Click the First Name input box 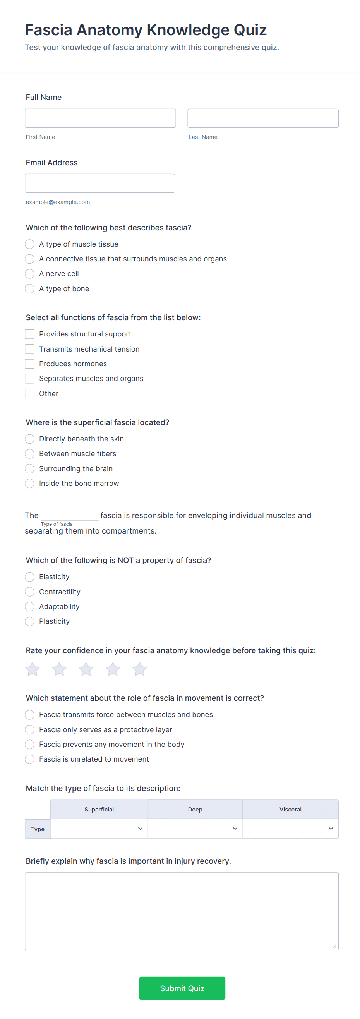point(100,118)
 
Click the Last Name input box point(263,118)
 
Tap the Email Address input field point(100,183)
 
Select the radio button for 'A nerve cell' point(30,274)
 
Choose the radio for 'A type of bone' point(30,289)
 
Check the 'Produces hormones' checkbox point(30,364)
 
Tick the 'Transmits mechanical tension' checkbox point(30,349)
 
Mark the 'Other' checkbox point(30,394)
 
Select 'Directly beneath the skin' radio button point(30,439)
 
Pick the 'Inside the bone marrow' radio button point(30,484)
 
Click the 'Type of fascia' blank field point(70,515)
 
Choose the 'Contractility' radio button point(30,592)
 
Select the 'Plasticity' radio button point(30,621)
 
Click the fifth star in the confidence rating point(139,669)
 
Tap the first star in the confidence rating point(33,669)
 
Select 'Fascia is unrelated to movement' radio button point(30,759)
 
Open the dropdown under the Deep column point(195,829)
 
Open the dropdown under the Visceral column point(290,829)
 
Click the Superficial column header point(99,809)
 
